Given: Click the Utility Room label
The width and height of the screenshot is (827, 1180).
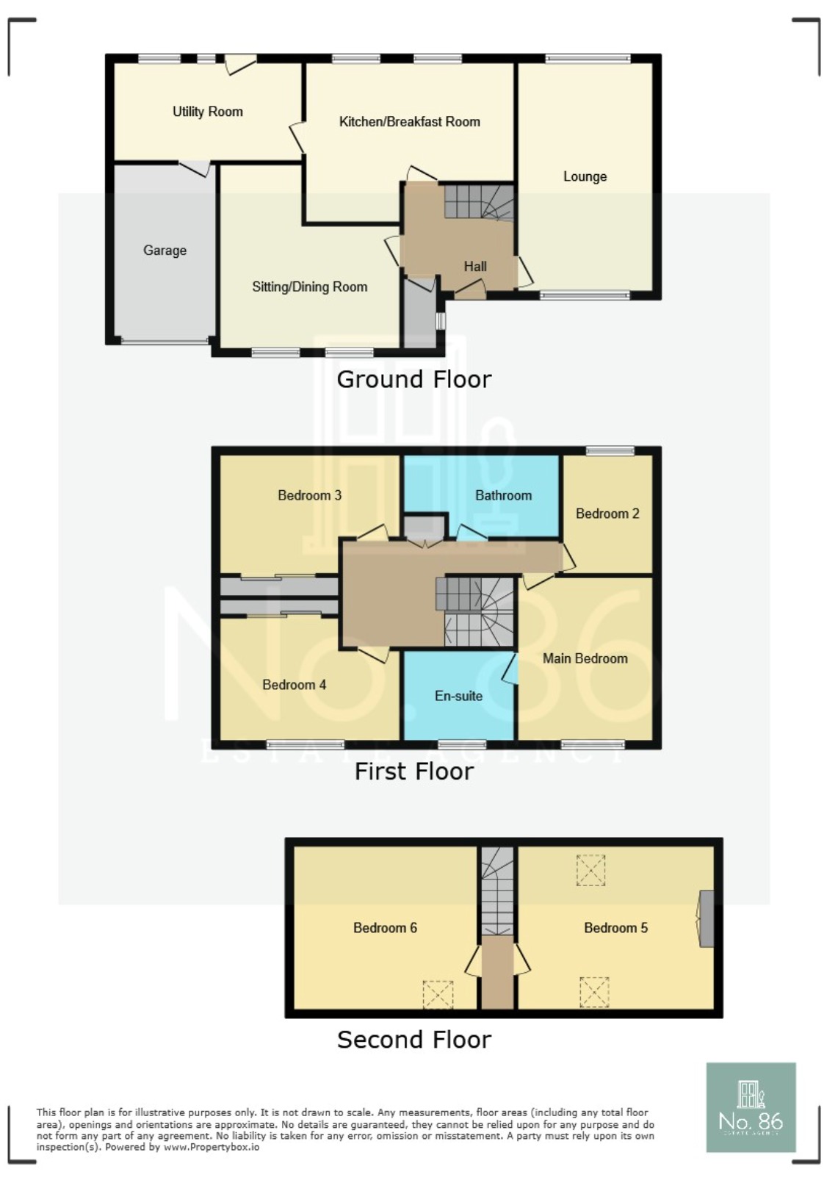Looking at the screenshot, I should coord(207,112).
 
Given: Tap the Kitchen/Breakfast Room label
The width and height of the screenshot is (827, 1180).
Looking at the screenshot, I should coord(409,122).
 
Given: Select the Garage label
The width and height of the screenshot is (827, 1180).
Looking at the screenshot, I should coord(165,251).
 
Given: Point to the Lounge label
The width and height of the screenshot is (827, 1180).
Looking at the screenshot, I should coord(585,176).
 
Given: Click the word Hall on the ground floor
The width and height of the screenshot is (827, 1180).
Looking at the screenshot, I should coord(474,267).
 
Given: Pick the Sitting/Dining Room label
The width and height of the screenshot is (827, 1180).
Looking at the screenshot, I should coord(309,287).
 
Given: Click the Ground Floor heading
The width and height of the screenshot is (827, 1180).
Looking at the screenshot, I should coord(413,379).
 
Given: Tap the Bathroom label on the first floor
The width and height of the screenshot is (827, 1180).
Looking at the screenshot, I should coord(503,495).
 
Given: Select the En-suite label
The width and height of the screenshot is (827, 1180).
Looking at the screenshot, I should coord(458,696).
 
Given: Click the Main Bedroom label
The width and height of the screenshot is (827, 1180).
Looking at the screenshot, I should coord(585,658).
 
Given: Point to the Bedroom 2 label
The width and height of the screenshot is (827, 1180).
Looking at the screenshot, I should coord(607,514).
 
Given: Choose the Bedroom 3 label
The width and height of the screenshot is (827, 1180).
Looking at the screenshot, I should coord(309,495).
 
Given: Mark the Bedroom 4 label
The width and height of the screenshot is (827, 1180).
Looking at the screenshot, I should coord(294,685).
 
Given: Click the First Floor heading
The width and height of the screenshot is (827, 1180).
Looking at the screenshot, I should coord(413,771).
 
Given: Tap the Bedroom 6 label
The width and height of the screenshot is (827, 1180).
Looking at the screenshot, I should coord(385,928).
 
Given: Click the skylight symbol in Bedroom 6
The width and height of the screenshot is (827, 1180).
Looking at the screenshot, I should coord(438,995).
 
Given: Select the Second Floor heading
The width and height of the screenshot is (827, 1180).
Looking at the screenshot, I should coord(413,1040).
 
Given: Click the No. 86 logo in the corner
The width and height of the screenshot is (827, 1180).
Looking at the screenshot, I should coord(751,1107).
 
